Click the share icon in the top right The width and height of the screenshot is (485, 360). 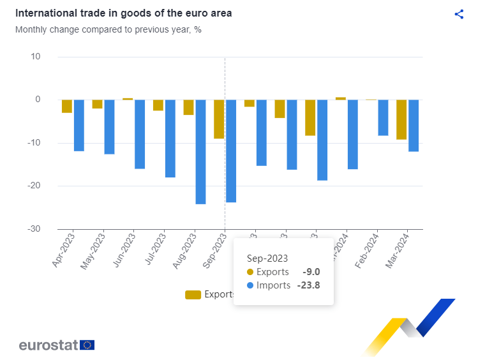(459, 14)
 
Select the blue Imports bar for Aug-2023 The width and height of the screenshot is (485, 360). (200, 151)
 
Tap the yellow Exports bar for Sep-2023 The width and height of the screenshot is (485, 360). (219, 119)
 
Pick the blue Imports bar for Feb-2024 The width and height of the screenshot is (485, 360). (383, 117)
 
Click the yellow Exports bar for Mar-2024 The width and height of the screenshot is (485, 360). (401, 119)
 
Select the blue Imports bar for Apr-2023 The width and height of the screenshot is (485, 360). (79, 125)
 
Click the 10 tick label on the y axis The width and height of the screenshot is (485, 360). (35, 57)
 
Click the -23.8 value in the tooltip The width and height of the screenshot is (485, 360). (308, 285)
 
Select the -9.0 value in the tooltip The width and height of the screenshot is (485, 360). (311, 272)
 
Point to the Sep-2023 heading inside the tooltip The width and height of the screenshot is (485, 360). (267, 259)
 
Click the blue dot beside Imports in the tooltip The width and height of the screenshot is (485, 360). (250, 285)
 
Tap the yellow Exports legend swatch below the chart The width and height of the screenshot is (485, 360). (193, 294)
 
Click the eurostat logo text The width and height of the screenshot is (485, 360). (48, 345)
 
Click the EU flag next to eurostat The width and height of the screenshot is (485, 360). (87, 345)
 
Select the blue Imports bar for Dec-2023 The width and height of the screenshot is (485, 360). (322, 140)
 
